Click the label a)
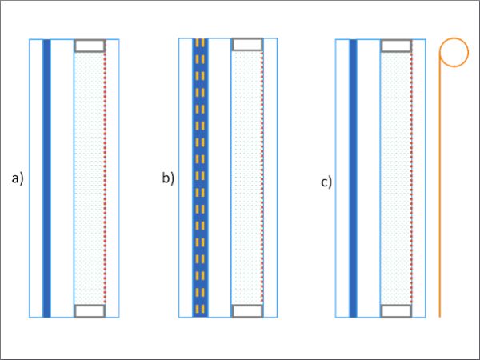coord(18,178)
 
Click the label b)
coord(168,178)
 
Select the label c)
coord(326,182)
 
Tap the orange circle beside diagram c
coord(454,38)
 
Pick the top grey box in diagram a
coord(90,46)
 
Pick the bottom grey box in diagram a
coord(90,310)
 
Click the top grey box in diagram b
coord(247,44)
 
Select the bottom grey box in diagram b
coord(247,310)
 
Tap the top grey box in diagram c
coord(396,46)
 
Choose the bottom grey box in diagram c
coord(396,310)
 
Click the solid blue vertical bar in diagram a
coord(46,178)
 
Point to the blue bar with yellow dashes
coord(200,178)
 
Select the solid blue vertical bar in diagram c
coord(353,178)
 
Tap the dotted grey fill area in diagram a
coord(90,178)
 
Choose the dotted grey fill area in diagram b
coord(246,178)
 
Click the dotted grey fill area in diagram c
coord(395,178)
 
